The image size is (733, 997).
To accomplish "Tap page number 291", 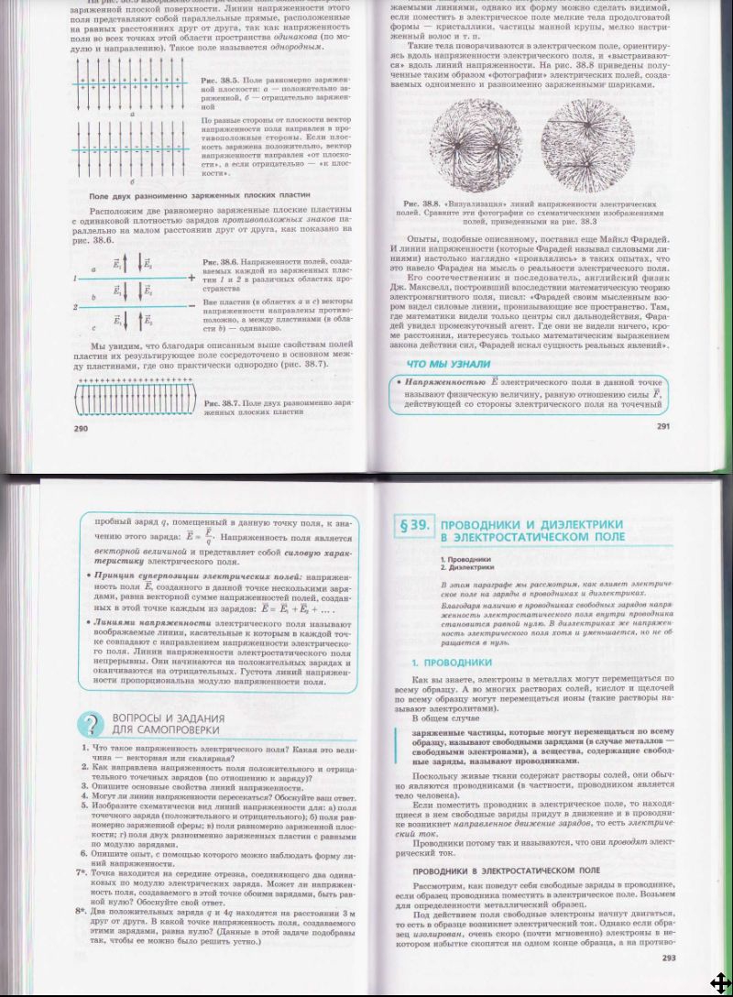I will point(665,426).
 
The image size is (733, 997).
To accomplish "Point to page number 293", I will point(668,958).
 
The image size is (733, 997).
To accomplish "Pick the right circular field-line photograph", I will point(587,141).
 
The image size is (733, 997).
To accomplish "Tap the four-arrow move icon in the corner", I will point(719,982).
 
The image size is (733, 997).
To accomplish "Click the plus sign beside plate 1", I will point(190,276).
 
